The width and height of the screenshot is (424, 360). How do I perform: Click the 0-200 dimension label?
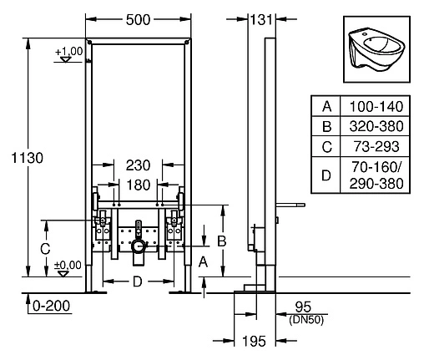pos(47,307)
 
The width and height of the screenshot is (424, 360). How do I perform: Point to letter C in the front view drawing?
pos(47,247)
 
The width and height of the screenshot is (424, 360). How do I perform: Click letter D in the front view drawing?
pos(137,281)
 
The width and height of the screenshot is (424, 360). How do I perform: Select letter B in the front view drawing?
pos(222,241)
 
